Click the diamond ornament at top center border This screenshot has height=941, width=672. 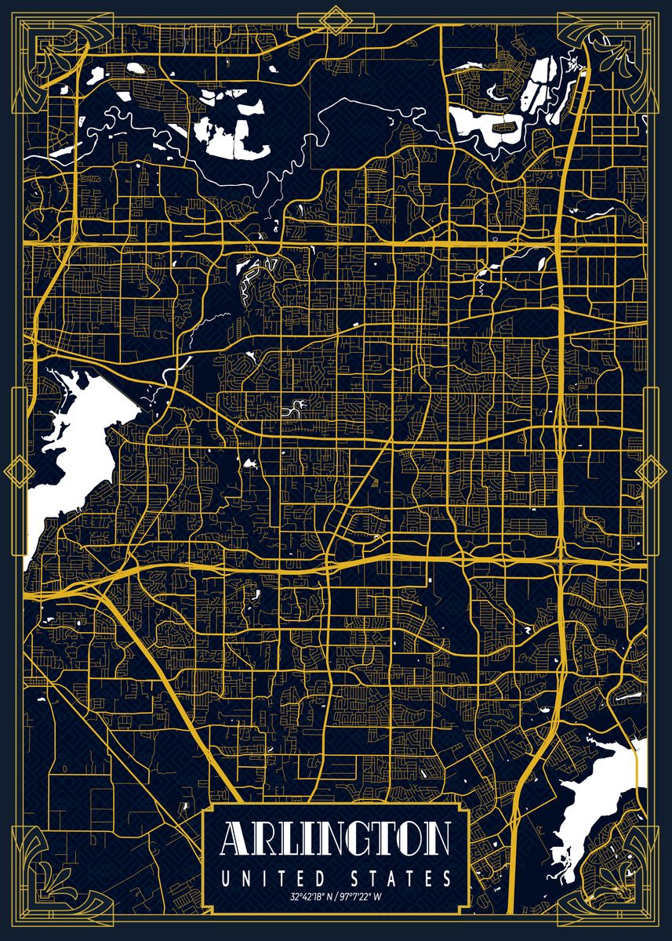click(x=336, y=20)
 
